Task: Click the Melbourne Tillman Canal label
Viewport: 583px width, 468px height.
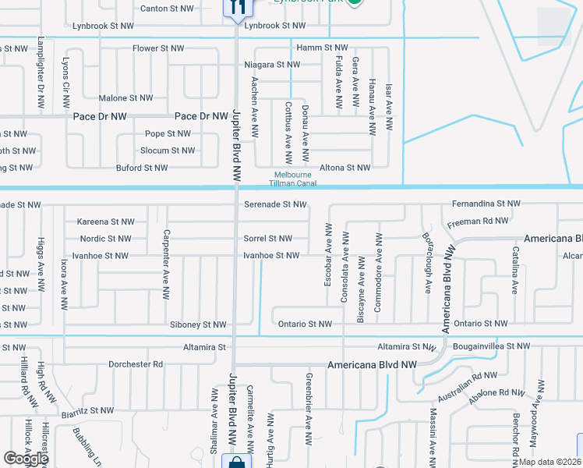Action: [x=292, y=179]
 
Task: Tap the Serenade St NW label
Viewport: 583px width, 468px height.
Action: [x=275, y=204]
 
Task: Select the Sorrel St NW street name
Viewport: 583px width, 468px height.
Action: [x=268, y=239]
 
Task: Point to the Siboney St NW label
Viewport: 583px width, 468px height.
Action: [x=198, y=324]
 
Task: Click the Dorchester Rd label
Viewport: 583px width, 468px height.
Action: [x=136, y=364]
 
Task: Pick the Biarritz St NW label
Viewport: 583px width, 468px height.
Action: [x=87, y=410]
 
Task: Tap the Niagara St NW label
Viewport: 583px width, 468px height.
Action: [x=272, y=65]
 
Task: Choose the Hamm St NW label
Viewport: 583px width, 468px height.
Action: [x=321, y=48]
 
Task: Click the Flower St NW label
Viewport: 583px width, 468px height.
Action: [x=158, y=48]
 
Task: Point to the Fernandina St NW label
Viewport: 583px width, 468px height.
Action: [x=486, y=204]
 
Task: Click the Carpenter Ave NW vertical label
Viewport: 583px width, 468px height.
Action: [x=165, y=265]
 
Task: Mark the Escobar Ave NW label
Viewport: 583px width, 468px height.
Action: [x=329, y=254]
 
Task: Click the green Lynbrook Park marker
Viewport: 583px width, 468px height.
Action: [x=355, y=2]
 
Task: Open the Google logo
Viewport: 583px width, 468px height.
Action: [x=26, y=459]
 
